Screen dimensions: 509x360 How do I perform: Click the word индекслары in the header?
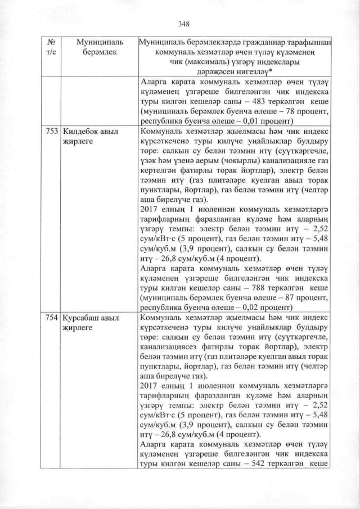(272, 62)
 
